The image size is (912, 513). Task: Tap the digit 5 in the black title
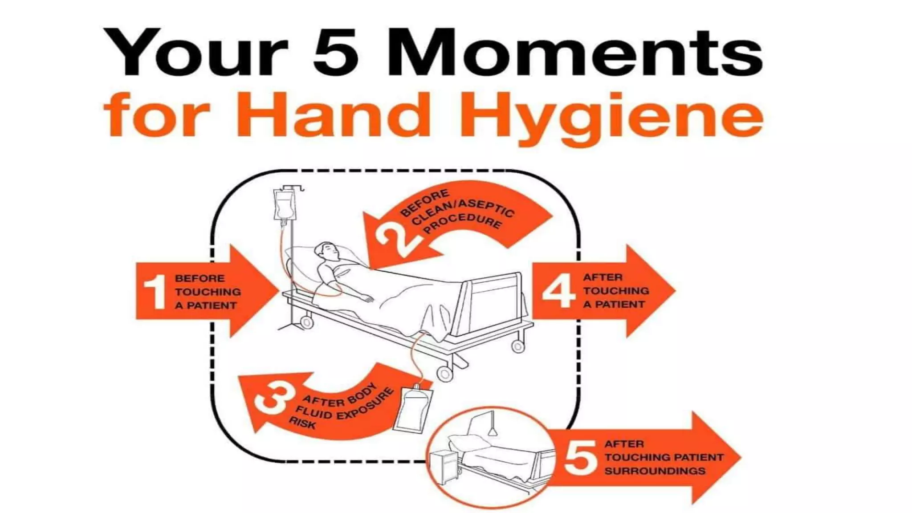[x=335, y=53]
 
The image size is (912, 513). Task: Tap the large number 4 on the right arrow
[x=558, y=291]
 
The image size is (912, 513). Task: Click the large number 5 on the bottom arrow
[x=580, y=458]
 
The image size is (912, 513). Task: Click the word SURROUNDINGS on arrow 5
[x=655, y=471]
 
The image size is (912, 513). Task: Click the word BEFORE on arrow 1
[x=199, y=279]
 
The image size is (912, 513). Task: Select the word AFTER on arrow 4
[x=603, y=277]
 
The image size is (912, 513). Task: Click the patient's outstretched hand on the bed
[x=368, y=298]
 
